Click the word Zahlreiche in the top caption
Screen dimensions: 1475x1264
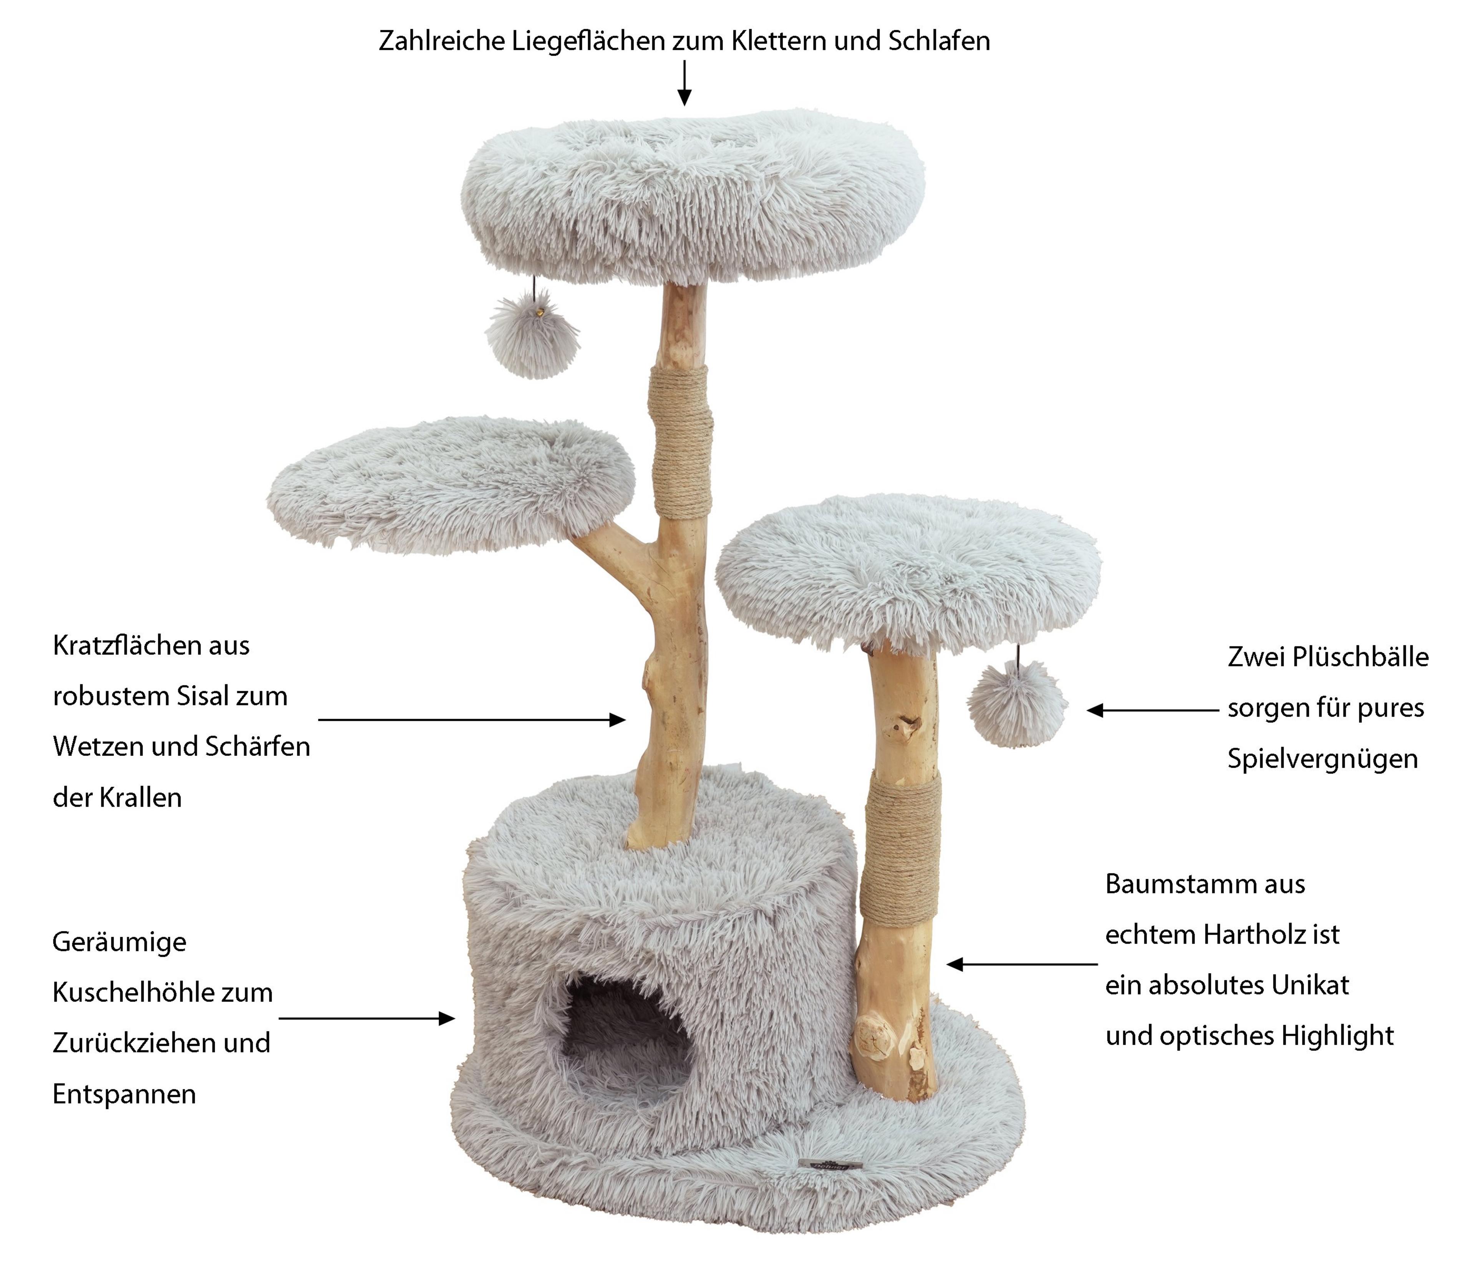tap(441, 41)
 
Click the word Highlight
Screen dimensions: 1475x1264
tap(1337, 1036)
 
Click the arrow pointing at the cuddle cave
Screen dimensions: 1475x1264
tap(366, 1019)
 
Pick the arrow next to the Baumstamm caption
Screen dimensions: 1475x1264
tap(1022, 964)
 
